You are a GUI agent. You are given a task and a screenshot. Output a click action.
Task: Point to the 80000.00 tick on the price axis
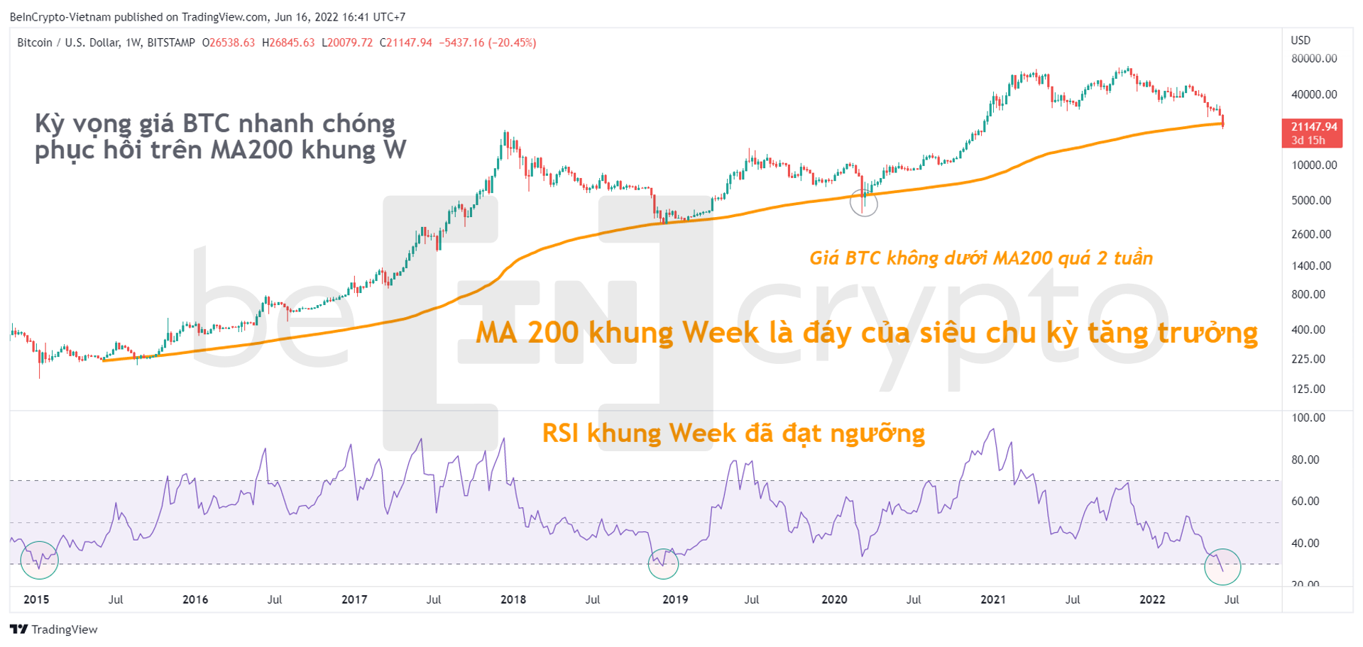coord(1314,58)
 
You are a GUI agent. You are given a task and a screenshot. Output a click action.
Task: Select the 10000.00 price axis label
coord(1314,165)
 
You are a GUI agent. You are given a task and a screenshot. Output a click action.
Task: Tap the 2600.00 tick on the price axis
coord(1311,234)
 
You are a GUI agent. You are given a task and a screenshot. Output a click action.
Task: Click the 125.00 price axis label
coord(1308,389)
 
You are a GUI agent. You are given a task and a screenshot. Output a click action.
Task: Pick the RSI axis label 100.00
coord(1308,418)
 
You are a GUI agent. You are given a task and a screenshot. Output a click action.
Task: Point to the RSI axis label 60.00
coord(1305,501)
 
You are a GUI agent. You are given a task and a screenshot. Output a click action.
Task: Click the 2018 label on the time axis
coord(513,599)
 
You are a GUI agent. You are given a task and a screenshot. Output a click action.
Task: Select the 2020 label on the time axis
coord(834,599)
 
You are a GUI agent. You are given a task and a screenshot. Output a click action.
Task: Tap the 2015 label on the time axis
coord(36,599)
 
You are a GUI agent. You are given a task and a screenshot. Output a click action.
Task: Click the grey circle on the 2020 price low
coord(864,204)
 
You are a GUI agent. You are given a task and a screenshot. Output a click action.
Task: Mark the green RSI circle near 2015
coord(39,560)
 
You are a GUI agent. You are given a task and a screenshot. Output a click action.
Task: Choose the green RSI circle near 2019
coord(664,563)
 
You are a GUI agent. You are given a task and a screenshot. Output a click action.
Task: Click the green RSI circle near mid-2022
coord(1222,567)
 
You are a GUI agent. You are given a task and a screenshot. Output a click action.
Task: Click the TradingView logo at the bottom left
coord(54,629)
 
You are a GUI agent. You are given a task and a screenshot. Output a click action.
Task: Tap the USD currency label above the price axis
coord(1301,40)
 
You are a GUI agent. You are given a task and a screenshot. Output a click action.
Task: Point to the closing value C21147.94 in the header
coord(406,43)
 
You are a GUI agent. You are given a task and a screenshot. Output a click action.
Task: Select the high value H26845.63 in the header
coord(288,43)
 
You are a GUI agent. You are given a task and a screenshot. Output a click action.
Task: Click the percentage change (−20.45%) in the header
coord(512,43)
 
